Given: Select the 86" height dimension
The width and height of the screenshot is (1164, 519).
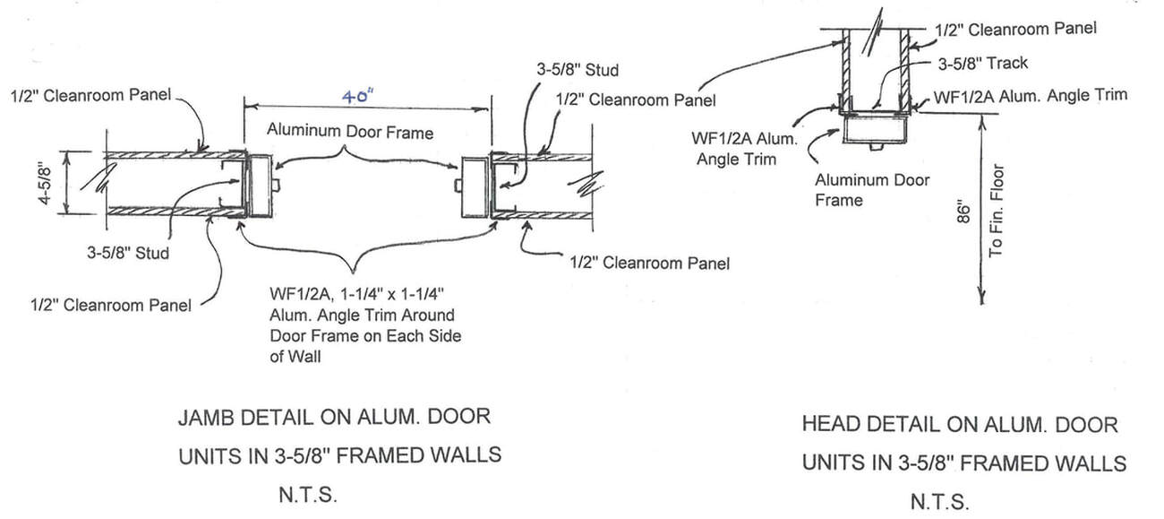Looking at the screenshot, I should click(963, 212).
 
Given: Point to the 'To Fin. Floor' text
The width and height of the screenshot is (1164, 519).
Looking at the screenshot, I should click(997, 212).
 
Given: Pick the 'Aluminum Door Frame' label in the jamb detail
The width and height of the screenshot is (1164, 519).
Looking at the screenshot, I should click(350, 132).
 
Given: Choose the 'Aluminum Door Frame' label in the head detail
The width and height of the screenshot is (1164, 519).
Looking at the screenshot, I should click(871, 189).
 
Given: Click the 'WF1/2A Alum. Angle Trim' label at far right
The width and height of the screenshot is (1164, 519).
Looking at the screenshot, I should click(1030, 95).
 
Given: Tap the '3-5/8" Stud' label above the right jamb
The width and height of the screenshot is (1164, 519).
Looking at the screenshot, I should click(577, 69).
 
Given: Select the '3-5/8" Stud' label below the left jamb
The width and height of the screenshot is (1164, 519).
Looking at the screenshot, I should click(127, 253).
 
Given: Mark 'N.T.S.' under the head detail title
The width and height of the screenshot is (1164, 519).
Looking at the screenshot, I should click(939, 502).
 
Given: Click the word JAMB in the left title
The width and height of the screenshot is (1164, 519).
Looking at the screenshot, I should click(214, 418).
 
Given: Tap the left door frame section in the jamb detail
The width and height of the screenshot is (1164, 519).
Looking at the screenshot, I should click(261, 186).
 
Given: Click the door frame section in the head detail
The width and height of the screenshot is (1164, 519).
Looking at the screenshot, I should click(873, 133).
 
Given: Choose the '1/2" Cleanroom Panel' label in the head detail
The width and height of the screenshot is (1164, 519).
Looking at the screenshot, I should click(1015, 29).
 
